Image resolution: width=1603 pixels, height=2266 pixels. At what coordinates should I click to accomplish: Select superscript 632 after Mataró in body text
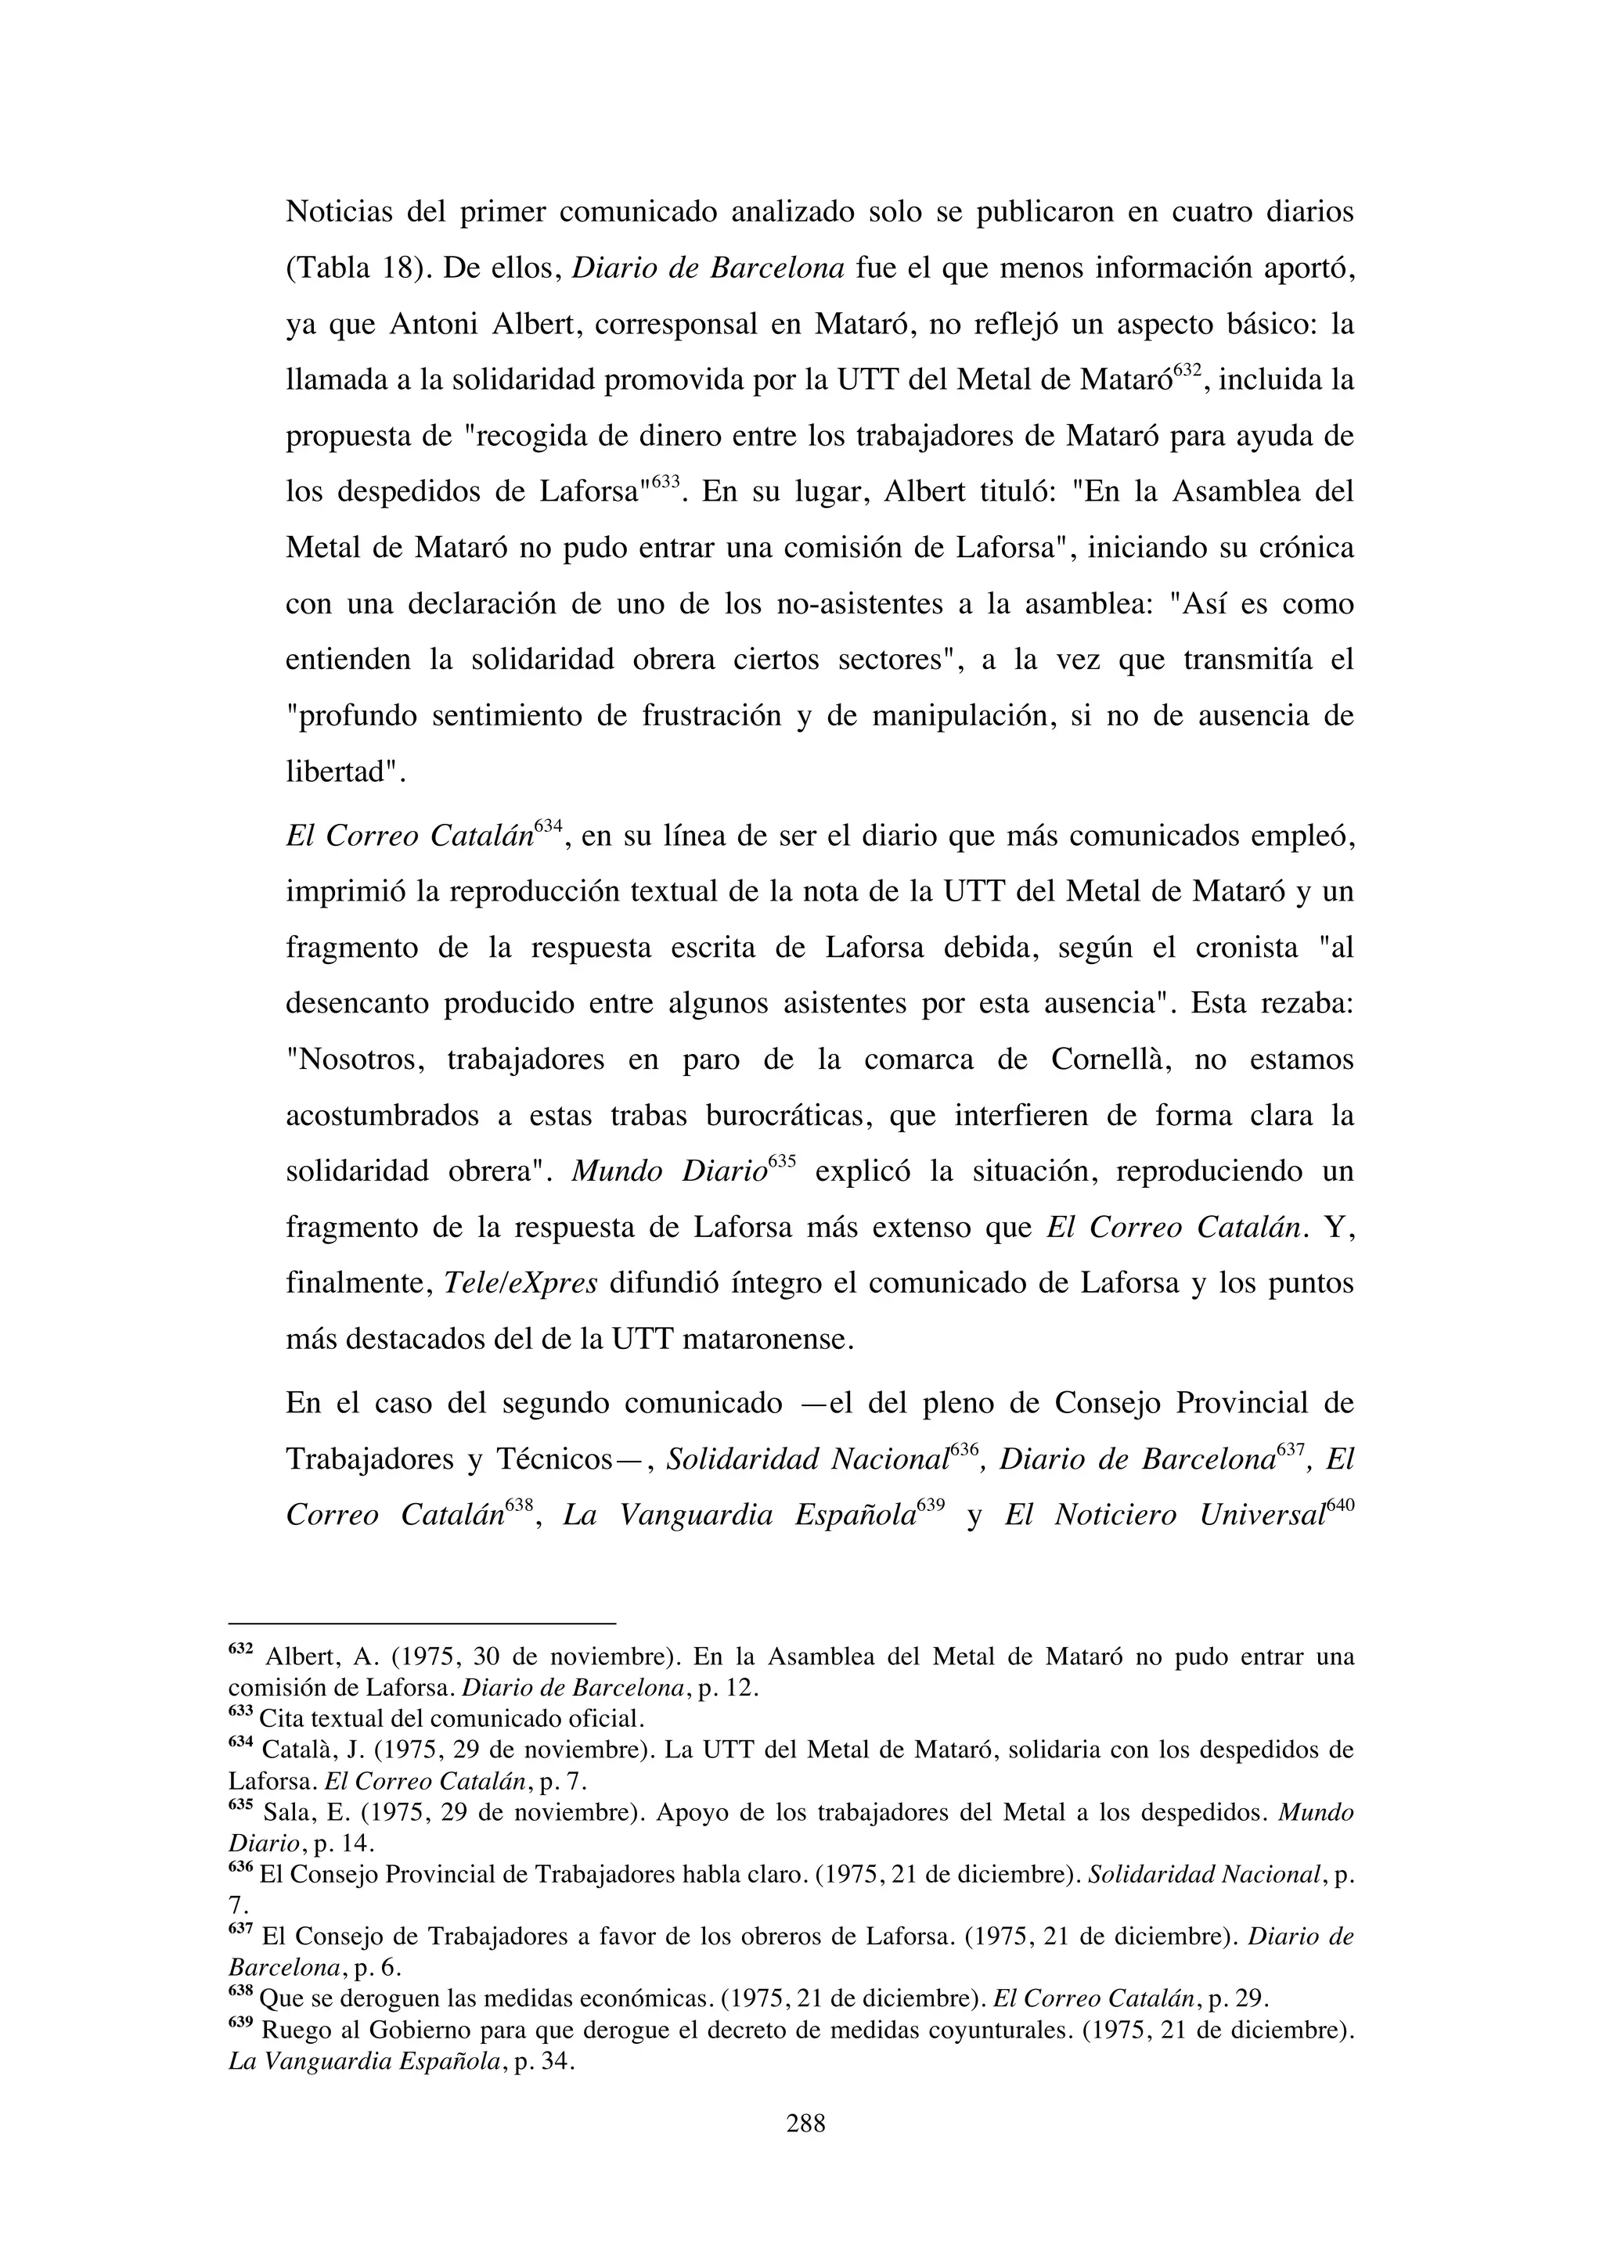pos(1187,369)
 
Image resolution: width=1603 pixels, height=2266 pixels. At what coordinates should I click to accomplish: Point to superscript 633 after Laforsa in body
pos(665,482)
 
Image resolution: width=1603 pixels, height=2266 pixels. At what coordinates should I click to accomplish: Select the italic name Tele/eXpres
pos(521,1283)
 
